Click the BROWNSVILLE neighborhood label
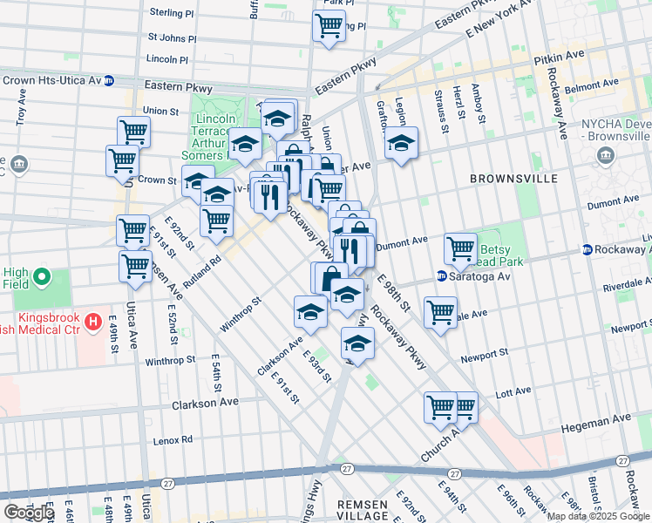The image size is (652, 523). [x=513, y=179]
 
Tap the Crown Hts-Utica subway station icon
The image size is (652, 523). [x=109, y=80]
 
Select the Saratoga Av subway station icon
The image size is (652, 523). [x=442, y=276]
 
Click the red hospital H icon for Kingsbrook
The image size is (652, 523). [x=93, y=324]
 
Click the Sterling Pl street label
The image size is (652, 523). [x=171, y=14]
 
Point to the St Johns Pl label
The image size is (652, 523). [x=172, y=37]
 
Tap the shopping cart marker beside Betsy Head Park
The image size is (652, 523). [x=460, y=249]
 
